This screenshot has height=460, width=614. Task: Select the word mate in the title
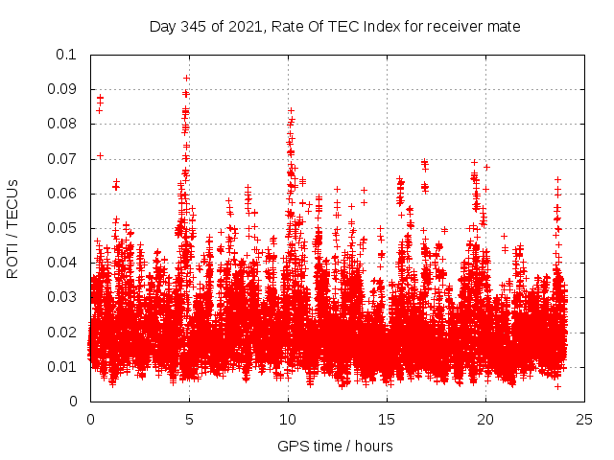pos(504,27)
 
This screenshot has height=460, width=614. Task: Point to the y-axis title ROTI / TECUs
pos(13,227)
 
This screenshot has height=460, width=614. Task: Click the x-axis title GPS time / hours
pos(335,446)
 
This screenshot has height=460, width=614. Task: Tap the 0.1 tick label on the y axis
pos(66,55)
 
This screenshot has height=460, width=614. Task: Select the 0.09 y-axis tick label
pos(62,89)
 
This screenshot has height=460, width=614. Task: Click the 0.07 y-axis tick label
pos(62,159)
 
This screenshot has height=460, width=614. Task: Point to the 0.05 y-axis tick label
pos(62,228)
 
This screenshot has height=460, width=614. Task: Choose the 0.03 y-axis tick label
pos(62,297)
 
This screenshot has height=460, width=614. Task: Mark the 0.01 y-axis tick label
pos(62,367)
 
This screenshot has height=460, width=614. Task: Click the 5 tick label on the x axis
pos(189,418)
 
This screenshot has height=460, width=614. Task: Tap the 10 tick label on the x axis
pos(288,418)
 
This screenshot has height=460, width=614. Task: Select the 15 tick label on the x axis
pos(387,418)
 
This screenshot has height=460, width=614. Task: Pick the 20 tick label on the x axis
pos(485,418)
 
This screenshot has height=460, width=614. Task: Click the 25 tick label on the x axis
pos(584,418)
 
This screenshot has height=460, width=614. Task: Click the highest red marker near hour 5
pos(186,78)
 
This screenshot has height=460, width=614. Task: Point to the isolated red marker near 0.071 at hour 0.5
pos(100,155)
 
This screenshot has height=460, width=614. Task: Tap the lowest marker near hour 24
pos(557,386)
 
